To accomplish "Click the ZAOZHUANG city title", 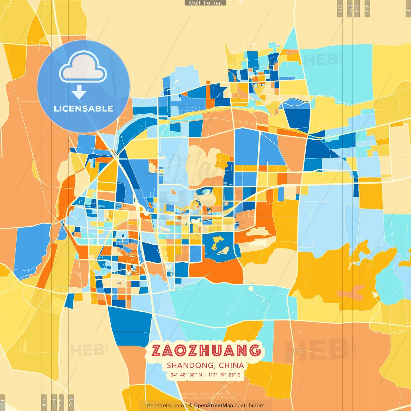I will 206,351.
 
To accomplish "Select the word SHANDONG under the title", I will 191,365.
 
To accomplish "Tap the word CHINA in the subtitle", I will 231,365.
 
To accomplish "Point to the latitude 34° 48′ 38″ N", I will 186,375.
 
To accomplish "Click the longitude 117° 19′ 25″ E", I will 224,375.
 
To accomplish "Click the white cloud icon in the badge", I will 83,67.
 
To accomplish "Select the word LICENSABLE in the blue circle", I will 83,109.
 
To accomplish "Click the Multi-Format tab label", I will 205,3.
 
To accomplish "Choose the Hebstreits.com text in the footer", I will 165,406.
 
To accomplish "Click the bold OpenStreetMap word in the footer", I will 214,406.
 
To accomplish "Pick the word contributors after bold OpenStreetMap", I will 249,406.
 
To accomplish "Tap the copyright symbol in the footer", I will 190,406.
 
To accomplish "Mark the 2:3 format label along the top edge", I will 340,8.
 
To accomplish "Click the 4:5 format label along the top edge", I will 367,8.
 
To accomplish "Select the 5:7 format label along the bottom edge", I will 62,402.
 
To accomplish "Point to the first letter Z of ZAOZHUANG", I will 156,351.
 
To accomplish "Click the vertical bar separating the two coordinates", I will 205,375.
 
